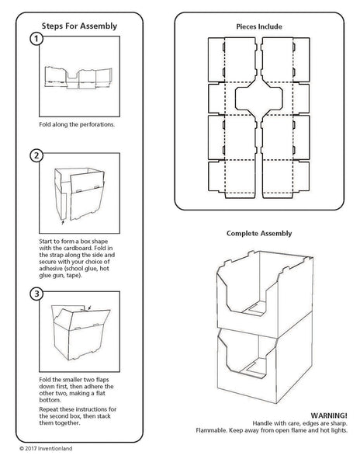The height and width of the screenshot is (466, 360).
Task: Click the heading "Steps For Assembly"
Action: click(x=80, y=26)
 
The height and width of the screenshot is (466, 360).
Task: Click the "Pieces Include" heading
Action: click(x=259, y=26)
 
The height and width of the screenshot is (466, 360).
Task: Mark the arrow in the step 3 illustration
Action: click(x=93, y=308)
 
